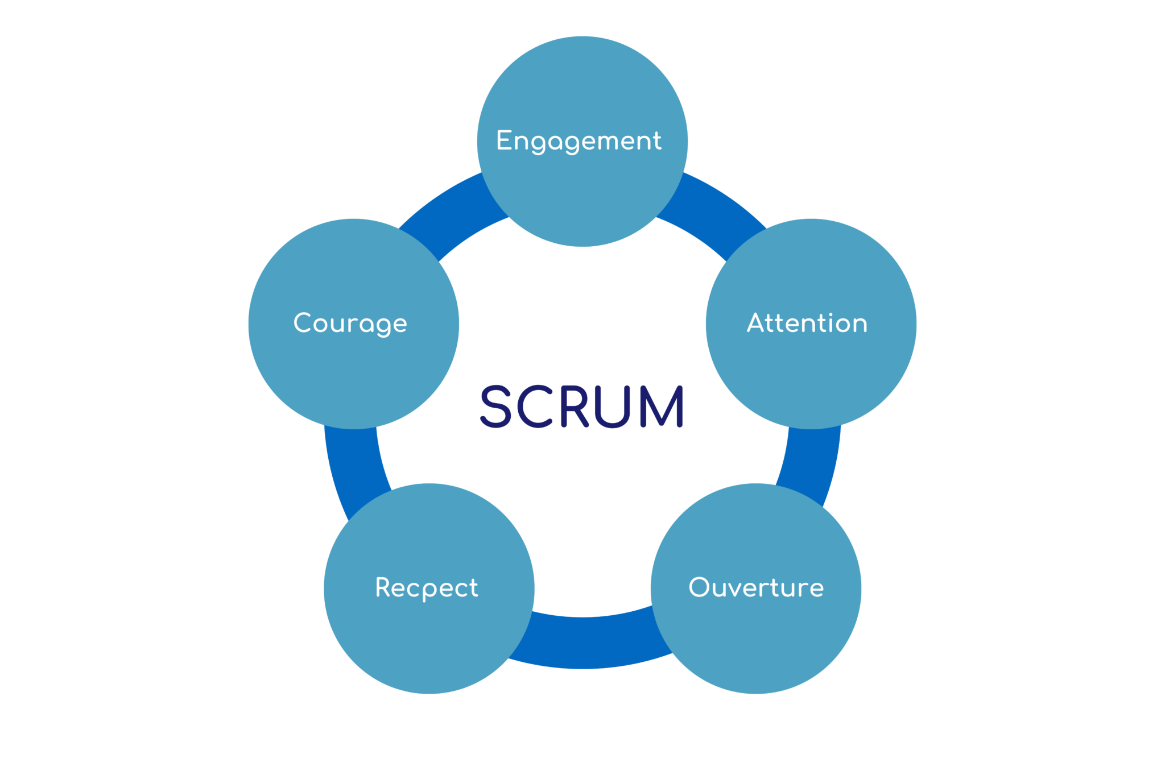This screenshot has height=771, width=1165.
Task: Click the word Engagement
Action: click(x=579, y=140)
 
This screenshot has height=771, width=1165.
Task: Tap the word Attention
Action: click(x=807, y=323)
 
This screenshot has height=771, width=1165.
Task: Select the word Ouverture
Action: click(x=756, y=587)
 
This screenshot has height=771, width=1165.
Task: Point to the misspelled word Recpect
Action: click(x=427, y=588)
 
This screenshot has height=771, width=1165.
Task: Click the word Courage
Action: click(x=350, y=323)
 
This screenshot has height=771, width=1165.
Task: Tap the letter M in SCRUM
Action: click(x=662, y=406)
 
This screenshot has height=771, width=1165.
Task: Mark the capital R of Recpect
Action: click(x=384, y=587)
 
